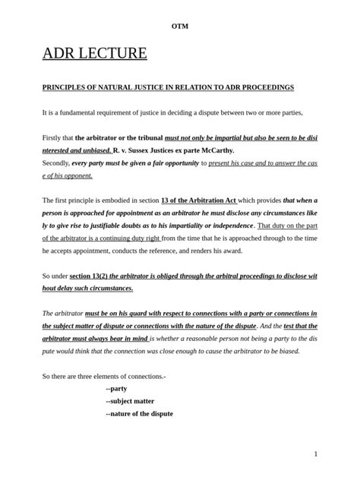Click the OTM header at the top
click(180, 27)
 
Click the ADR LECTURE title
click(94, 54)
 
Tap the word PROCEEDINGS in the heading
click(263, 88)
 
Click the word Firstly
click(53, 138)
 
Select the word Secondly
click(55, 163)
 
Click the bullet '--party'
click(117, 389)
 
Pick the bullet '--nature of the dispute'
click(140, 414)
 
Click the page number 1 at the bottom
click(315, 453)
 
